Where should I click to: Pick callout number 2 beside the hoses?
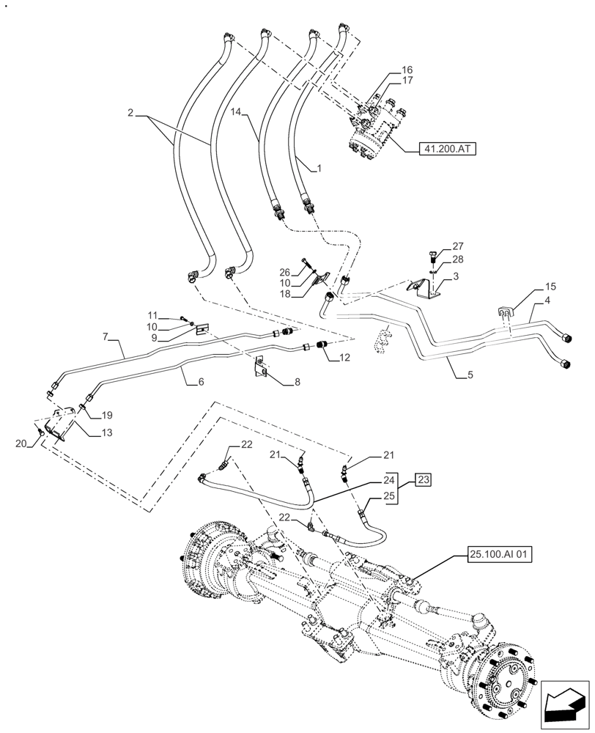click(130, 114)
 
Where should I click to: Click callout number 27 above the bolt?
click(458, 247)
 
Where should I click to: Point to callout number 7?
click(106, 336)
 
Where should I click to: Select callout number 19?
click(106, 414)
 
